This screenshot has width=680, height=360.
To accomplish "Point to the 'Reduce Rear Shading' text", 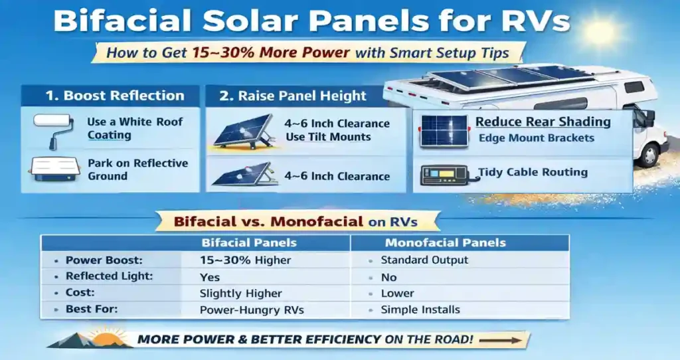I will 543,122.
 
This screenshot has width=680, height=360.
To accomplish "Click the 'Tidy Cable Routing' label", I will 533,173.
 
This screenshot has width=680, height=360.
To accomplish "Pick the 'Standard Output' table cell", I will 424,260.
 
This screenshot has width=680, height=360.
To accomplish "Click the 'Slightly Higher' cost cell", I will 240,293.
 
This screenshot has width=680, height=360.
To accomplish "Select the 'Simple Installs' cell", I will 420,310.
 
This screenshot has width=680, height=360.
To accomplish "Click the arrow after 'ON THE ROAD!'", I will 501,340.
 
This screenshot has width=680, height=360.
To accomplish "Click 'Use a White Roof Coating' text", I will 135,129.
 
